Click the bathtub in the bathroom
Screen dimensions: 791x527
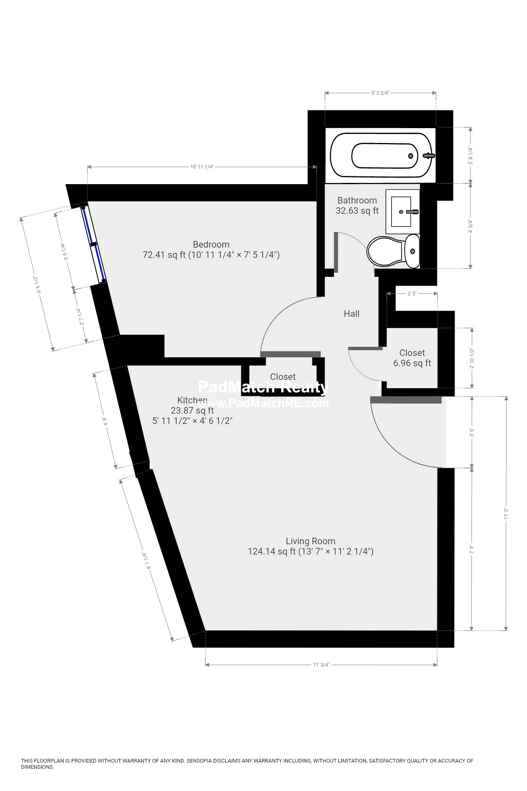coord(381,156)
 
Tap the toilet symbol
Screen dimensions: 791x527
coord(393,251)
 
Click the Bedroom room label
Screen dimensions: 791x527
coord(211,244)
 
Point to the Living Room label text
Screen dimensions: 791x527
coord(310,541)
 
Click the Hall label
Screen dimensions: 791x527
coord(351,314)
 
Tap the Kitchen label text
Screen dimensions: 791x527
coord(192,400)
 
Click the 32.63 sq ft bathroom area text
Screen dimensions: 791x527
coord(357,211)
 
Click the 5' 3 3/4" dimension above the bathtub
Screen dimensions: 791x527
coord(380,93)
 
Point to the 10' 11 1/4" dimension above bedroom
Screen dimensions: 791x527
coord(202,167)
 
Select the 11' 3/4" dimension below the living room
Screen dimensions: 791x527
coord(321,665)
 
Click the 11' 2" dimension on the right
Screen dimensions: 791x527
coord(506,513)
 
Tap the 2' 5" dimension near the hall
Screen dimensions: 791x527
coord(412,294)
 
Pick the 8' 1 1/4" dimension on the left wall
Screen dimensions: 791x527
coord(146,561)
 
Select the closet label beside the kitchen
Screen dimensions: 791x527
coord(282,377)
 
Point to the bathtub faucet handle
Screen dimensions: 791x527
coord(429,156)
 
